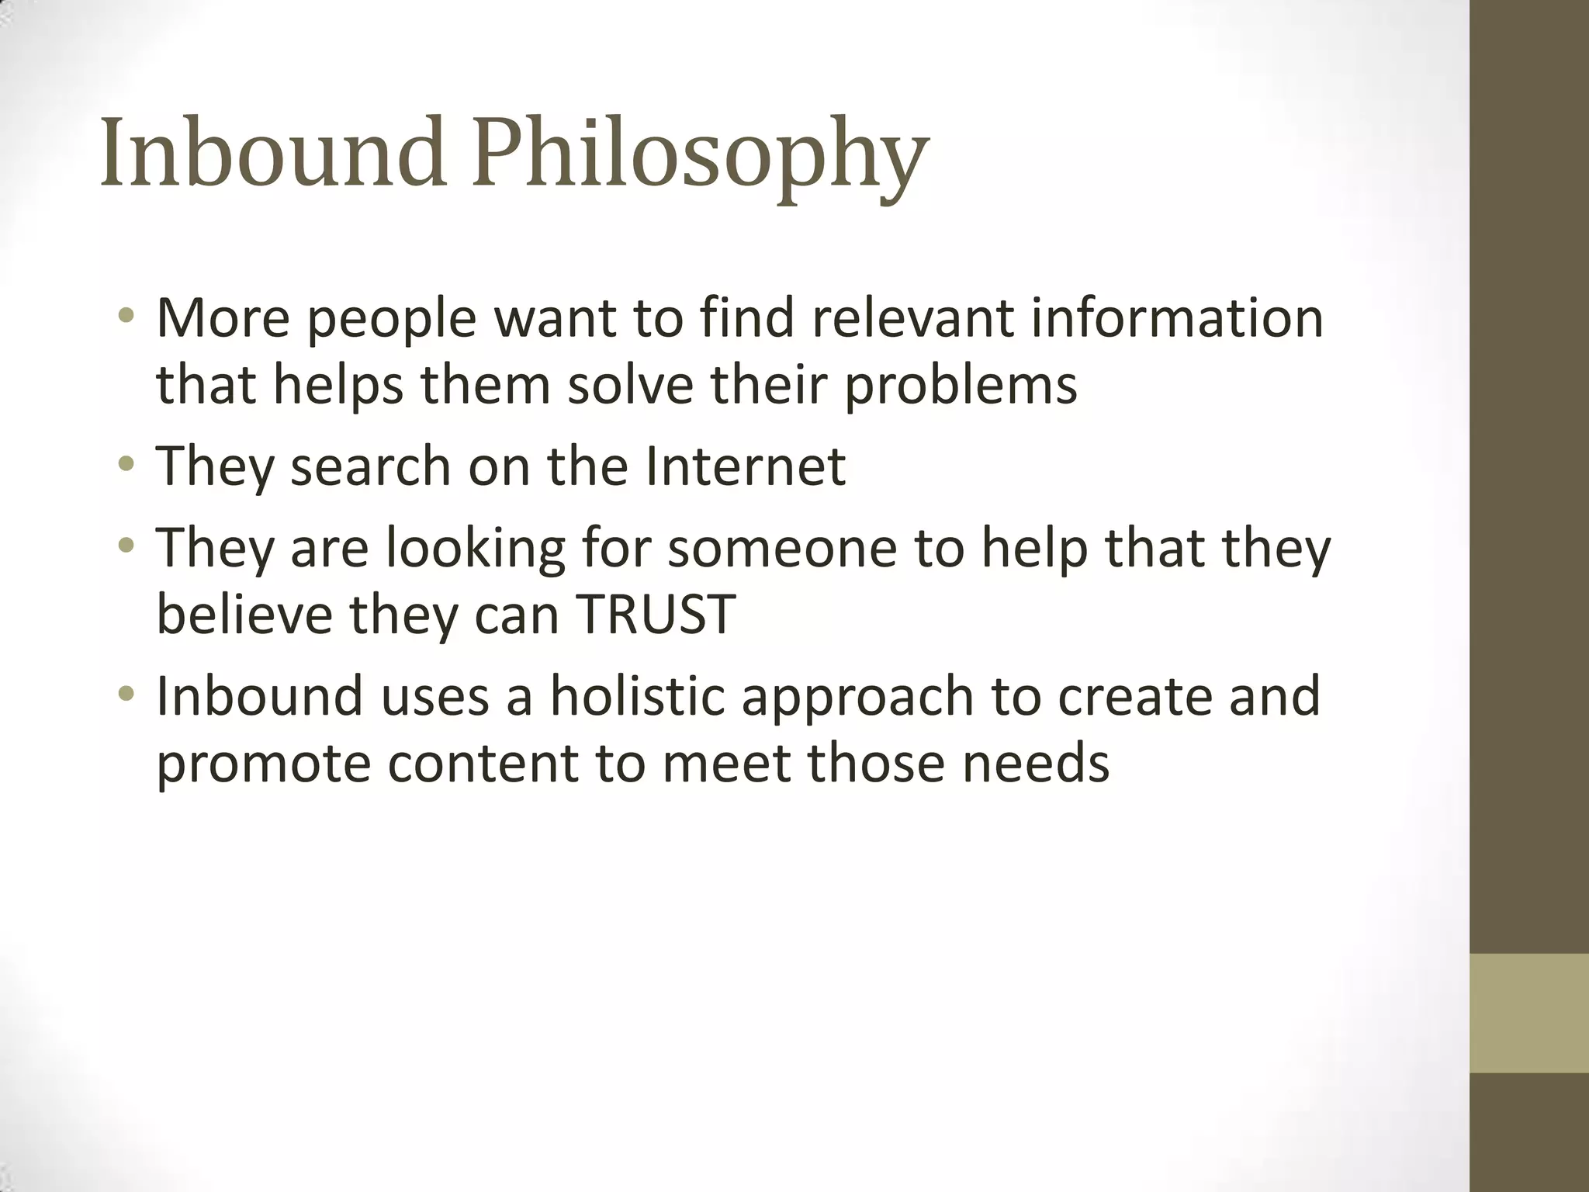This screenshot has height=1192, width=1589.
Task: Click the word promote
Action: click(264, 764)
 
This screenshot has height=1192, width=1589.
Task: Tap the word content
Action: click(483, 764)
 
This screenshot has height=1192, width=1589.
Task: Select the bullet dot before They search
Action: click(126, 466)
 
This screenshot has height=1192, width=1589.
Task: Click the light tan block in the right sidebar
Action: click(1529, 1013)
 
